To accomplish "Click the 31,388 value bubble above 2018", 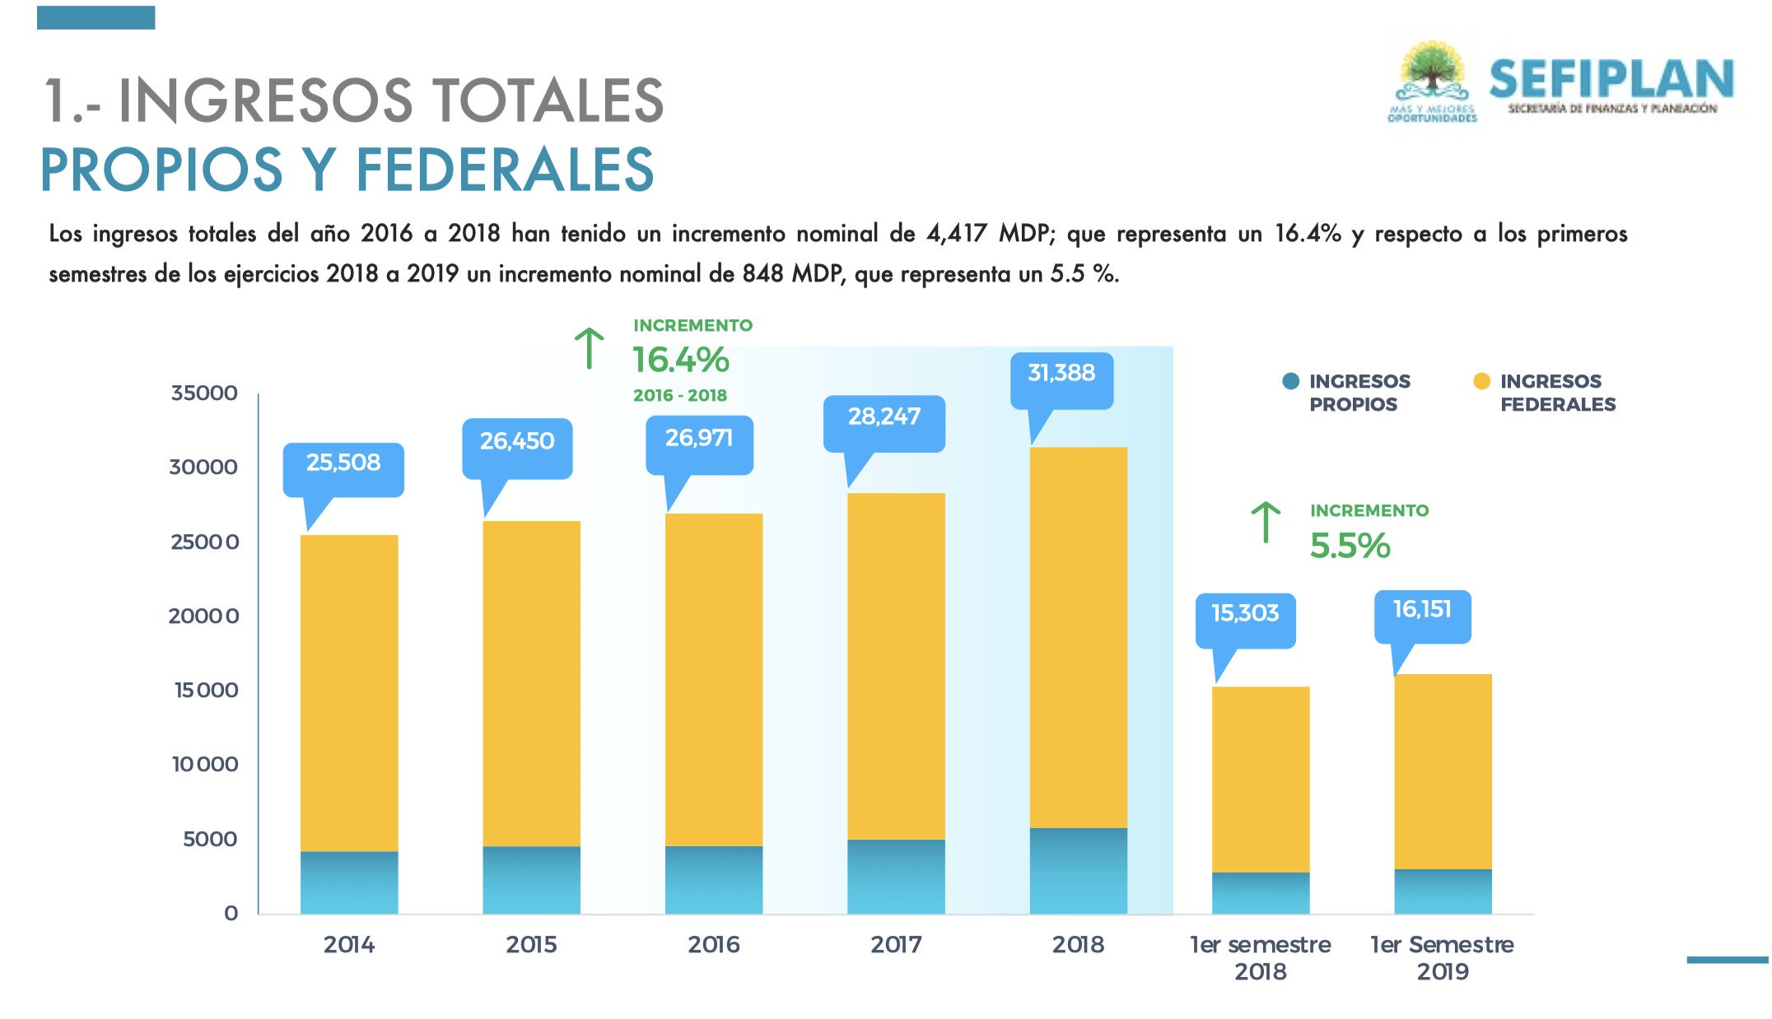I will [1061, 375].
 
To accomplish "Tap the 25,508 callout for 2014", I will [343, 463].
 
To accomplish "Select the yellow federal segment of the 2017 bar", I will [896, 666].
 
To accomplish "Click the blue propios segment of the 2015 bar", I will [531, 880].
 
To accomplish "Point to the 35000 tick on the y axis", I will [204, 393].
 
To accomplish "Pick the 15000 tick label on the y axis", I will [206, 691].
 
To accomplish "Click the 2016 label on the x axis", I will [713, 945].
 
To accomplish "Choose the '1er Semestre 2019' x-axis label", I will [1442, 957].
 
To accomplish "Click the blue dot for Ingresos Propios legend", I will [1291, 381].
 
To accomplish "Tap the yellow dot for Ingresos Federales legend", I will [1481, 381].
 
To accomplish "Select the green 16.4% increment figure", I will [681, 361].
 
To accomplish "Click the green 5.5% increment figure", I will [1350, 547].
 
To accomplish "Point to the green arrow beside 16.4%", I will [590, 348].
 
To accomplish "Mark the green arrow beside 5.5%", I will [1266, 522].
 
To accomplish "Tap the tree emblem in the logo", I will [1433, 72].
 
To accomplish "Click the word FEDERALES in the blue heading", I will [505, 170].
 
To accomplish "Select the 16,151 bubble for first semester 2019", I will [1422, 611].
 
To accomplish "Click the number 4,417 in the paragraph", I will [956, 235].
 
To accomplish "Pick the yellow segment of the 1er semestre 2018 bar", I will [1261, 779].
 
